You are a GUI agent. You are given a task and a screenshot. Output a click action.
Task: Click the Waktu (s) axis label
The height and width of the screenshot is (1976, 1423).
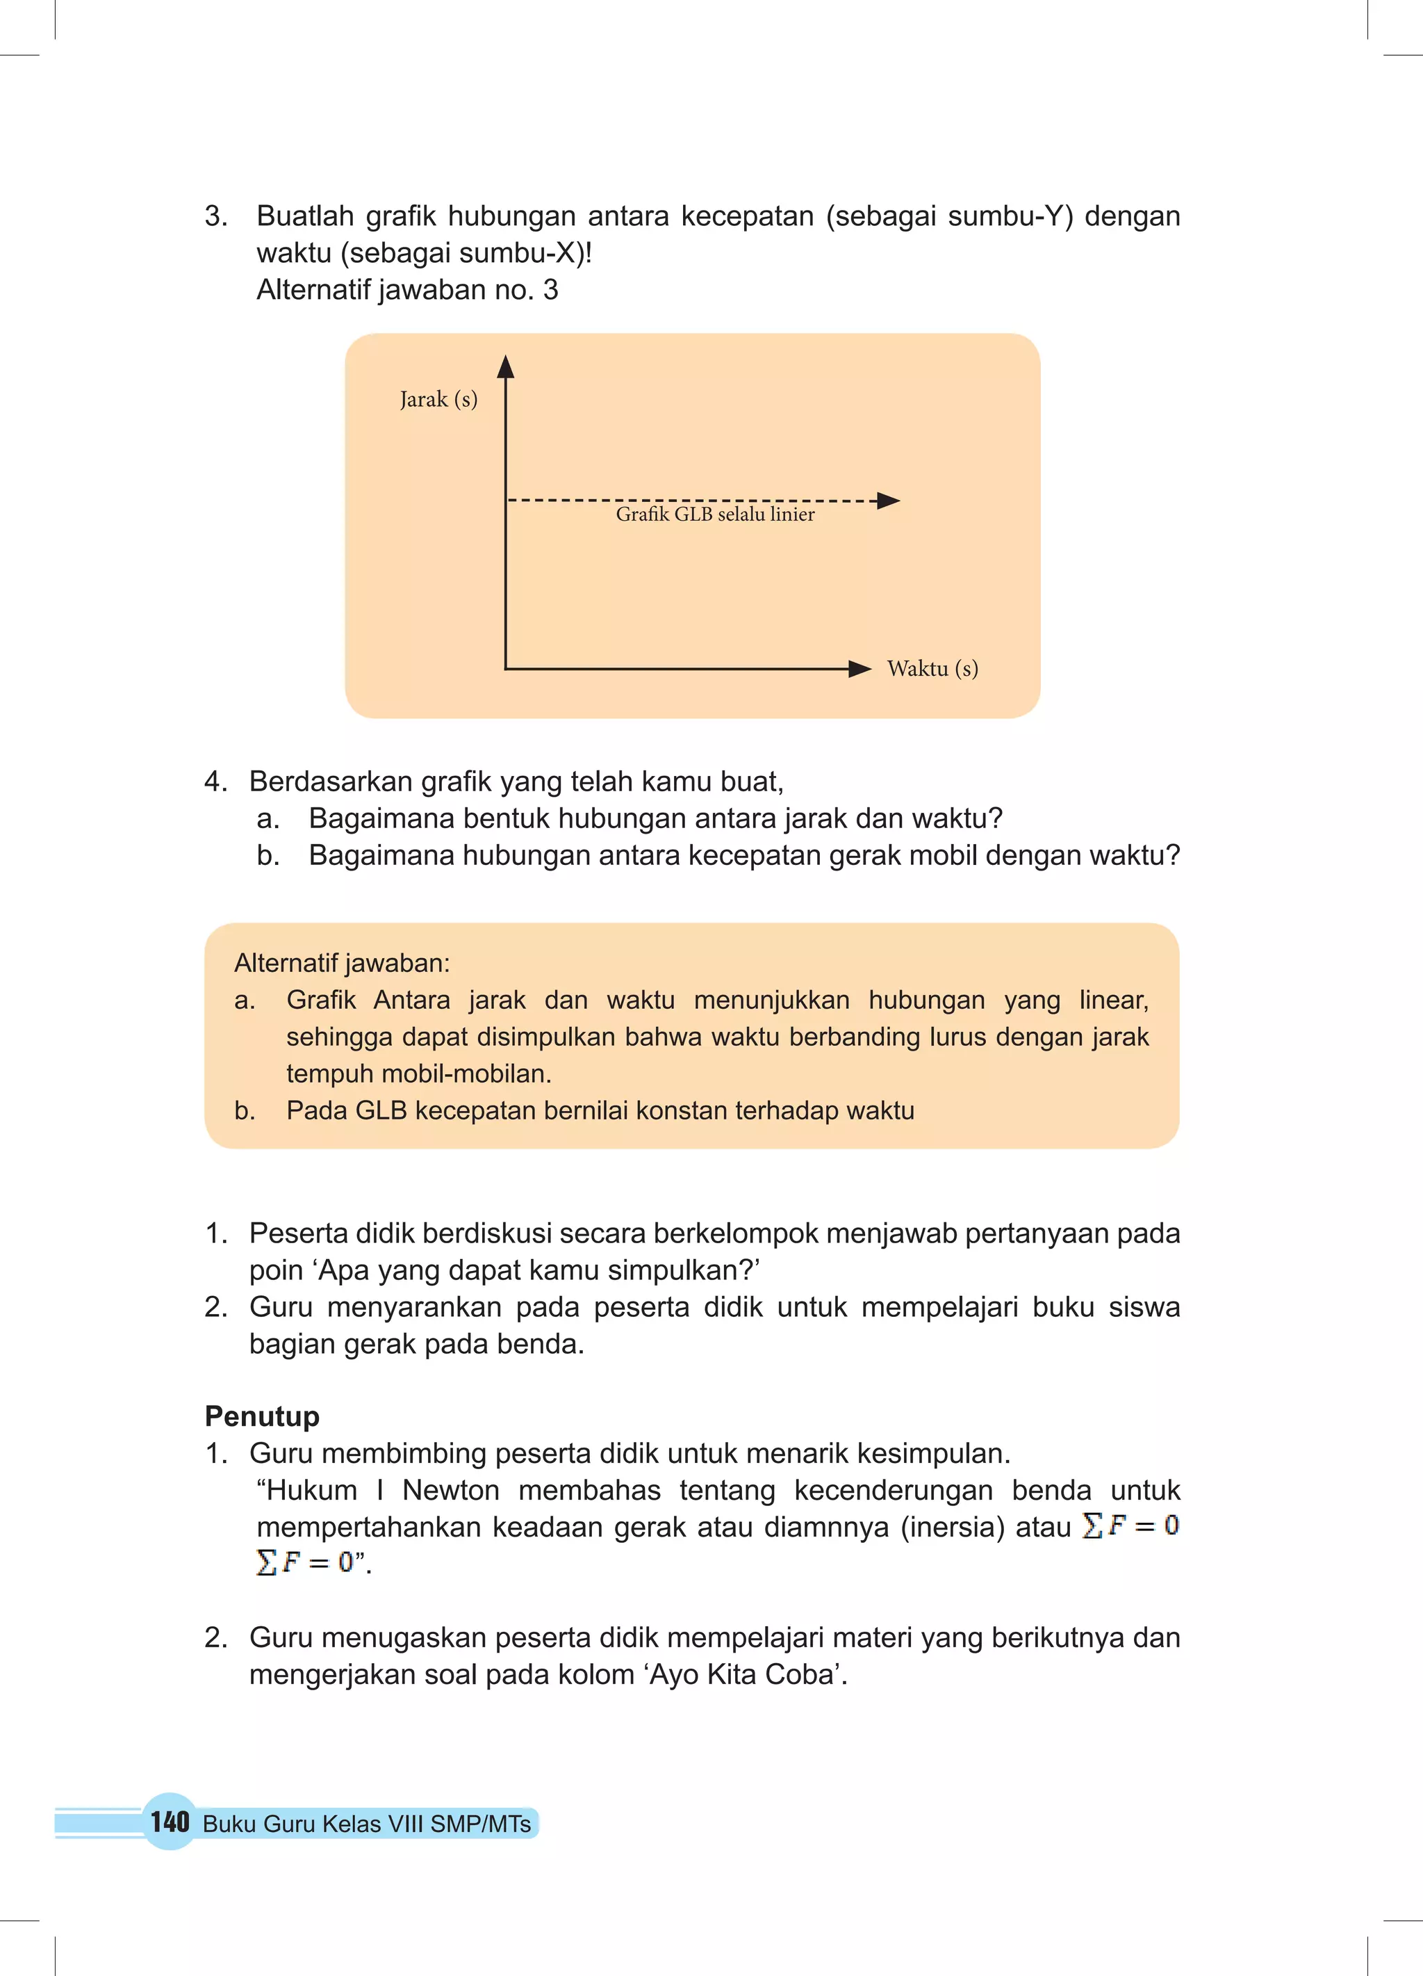pyautogui.click(x=932, y=668)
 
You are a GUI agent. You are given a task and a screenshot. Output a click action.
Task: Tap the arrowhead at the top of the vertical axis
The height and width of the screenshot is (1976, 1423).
pyautogui.click(x=505, y=367)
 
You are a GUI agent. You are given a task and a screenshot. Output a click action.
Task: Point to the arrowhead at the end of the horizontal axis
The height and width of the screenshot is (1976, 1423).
pyautogui.click(x=859, y=668)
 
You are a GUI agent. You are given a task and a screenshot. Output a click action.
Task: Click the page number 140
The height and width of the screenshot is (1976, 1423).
pyautogui.click(x=169, y=1821)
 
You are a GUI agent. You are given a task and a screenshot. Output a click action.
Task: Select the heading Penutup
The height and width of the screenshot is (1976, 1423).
pyautogui.click(x=262, y=1416)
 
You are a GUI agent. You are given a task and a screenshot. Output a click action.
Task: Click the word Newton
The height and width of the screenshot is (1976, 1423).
pyautogui.click(x=450, y=1490)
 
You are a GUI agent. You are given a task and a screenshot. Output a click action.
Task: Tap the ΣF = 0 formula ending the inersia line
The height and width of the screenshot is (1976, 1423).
pyautogui.click(x=1130, y=1525)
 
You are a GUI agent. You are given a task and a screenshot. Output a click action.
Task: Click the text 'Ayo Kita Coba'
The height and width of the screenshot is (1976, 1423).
pyautogui.click(x=746, y=1674)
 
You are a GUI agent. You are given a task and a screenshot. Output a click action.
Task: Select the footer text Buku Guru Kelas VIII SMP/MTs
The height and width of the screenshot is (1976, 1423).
pyautogui.click(x=367, y=1824)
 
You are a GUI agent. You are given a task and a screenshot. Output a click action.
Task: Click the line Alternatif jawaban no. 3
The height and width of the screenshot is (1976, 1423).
pyautogui.click(x=406, y=290)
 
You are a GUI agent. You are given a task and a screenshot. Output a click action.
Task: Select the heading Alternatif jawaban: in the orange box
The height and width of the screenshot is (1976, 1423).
pyautogui.click(x=341, y=963)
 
